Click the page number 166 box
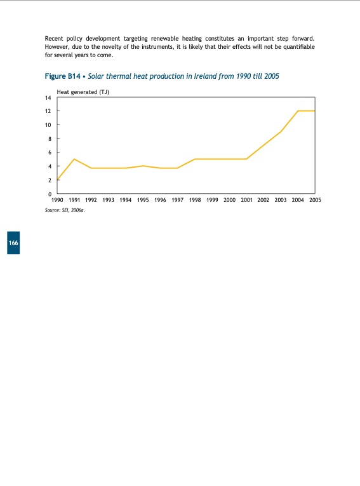(13, 243)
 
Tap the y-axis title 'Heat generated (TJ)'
(83, 92)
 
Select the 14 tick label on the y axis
(48, 98)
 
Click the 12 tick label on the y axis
(48, 111)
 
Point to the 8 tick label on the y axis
(50, 138)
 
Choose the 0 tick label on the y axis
(50, 193)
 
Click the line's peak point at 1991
(75, 159)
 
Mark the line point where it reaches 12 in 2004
(298, 111)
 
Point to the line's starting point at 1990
(58, 179)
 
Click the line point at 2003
(281, 132)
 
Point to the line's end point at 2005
(315, 111)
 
